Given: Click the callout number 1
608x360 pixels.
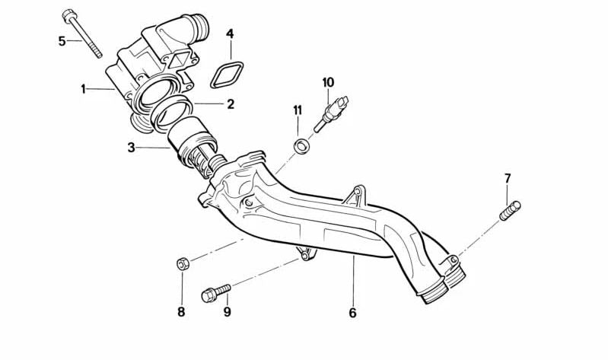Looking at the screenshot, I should tap(84, 89).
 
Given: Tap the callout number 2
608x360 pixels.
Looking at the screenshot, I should tap(230, 104).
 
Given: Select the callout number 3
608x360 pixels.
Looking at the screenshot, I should tap(131, 148).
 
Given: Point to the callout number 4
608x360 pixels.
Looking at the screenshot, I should tap(230, 33).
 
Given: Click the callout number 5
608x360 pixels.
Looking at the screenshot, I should tap(62, 40).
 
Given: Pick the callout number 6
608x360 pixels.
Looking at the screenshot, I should tap(352, 312).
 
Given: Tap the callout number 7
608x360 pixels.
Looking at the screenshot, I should tap(508, 179).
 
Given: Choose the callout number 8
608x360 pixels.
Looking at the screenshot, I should tap(181, 311).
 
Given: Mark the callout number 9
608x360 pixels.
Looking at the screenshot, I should tap(227, 311).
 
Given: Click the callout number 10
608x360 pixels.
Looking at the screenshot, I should tap(328, 81).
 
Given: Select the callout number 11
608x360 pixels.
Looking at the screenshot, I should tap(298, 110).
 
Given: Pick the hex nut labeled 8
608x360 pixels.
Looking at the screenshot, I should tap(182, 264).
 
